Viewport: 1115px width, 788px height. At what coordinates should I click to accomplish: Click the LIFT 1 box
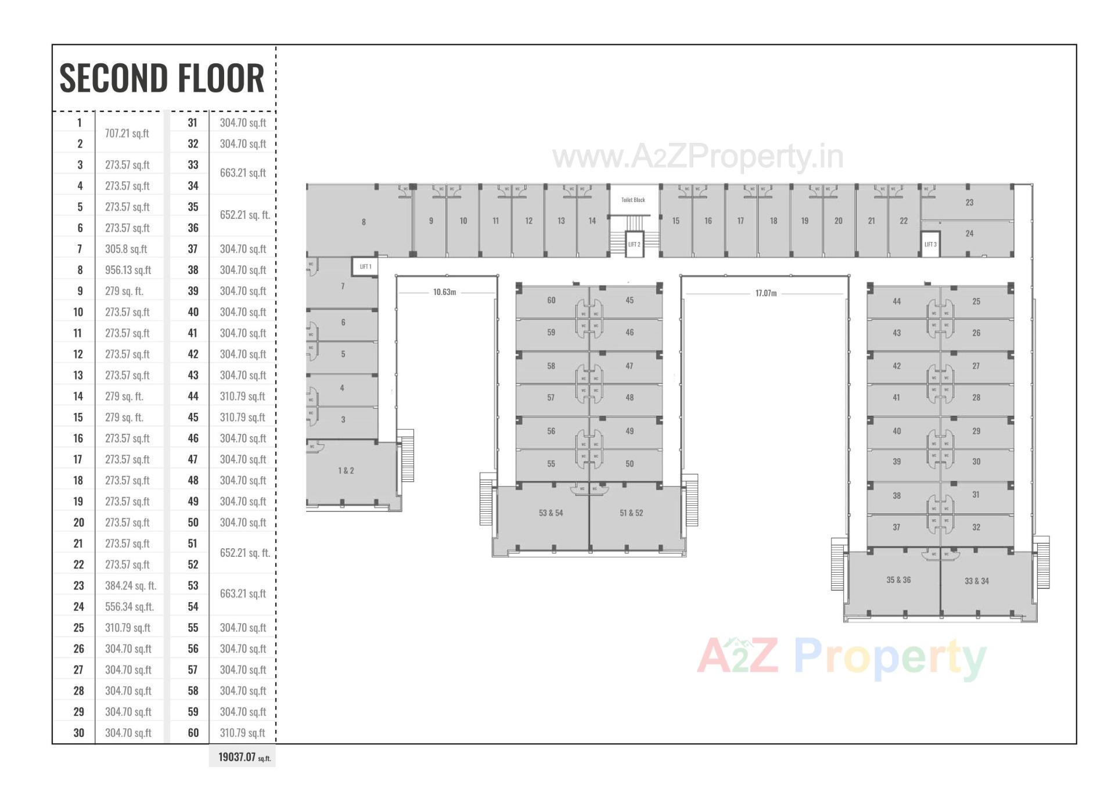click(x=365, y=267)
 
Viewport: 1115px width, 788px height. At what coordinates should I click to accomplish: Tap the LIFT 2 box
click(x=634, y=244)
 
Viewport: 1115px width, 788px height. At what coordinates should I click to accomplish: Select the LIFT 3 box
click(x=930, y=244)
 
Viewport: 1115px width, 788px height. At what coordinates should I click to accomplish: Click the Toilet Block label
click(x=633, y=200)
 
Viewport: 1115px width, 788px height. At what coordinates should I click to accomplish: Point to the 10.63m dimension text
click(x=445, y=292)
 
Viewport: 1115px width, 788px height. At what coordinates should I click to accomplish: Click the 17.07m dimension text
click(x=766, y=293)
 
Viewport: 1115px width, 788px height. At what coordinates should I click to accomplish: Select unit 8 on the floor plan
click(x=364, y=222)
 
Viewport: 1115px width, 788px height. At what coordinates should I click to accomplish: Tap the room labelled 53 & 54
click(x=551, y=513)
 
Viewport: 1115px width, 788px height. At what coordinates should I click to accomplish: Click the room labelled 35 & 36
click(x=898, y=580)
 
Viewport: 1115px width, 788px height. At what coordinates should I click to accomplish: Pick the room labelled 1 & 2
click(x=346, y=470)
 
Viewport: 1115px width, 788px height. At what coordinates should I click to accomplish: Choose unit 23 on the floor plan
click(x=969, y=203)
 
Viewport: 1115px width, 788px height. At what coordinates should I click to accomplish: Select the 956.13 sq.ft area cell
click(x=128, y=270)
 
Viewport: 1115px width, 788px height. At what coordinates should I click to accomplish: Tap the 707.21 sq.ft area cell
click(x=127, y=134)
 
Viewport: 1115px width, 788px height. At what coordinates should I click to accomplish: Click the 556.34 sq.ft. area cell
click(x=130, y=607)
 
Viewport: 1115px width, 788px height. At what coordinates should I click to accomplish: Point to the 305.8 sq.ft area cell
click(x=126, y=249)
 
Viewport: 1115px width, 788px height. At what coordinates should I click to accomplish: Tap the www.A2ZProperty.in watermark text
click(x=697, y=157)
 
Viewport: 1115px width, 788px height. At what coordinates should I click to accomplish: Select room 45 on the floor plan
click(x=630, y=300)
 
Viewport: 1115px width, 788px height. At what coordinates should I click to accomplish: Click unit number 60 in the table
click(x=193, y=733)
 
